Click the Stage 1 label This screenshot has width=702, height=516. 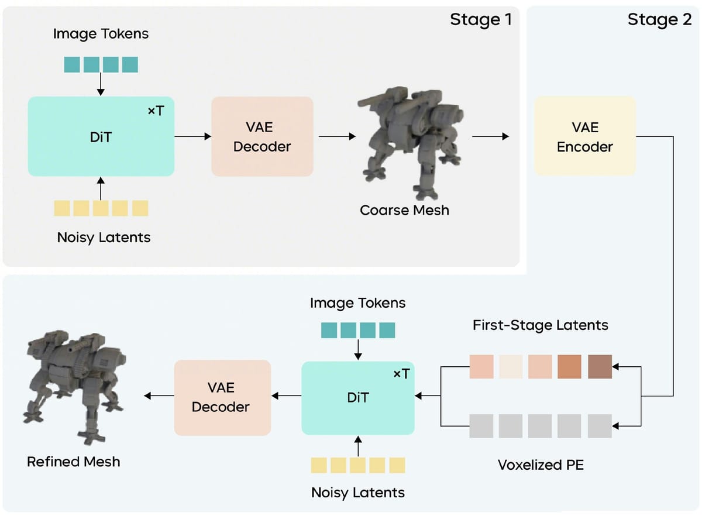click(x=480, y=20)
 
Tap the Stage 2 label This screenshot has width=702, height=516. click(x=659, y=20)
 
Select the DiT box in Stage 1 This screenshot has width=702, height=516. click(x=101, y=136)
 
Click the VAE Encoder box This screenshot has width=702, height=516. click(x=584, y=136)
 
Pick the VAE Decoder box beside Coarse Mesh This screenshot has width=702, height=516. click(x=262, y=136)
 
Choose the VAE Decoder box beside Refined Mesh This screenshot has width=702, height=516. click(x=222, y=397)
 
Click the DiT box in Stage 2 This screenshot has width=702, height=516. click(x=357, y=398)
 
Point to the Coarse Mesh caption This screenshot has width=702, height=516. click(x=404, y=210)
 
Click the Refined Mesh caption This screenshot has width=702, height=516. click(x=74, y=462)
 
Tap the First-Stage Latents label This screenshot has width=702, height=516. click(x=540, y=325)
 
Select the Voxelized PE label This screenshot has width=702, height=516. click(x=541, y=465)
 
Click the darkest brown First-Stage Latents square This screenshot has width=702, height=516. click(x=600, y=367)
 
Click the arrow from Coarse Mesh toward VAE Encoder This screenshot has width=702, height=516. click(x=490, y=136)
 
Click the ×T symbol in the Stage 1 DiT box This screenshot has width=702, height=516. click(x=156, y=111)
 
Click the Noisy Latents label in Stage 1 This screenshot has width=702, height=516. click(x=104, y=238)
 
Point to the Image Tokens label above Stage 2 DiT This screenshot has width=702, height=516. click(x=357, y=303)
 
